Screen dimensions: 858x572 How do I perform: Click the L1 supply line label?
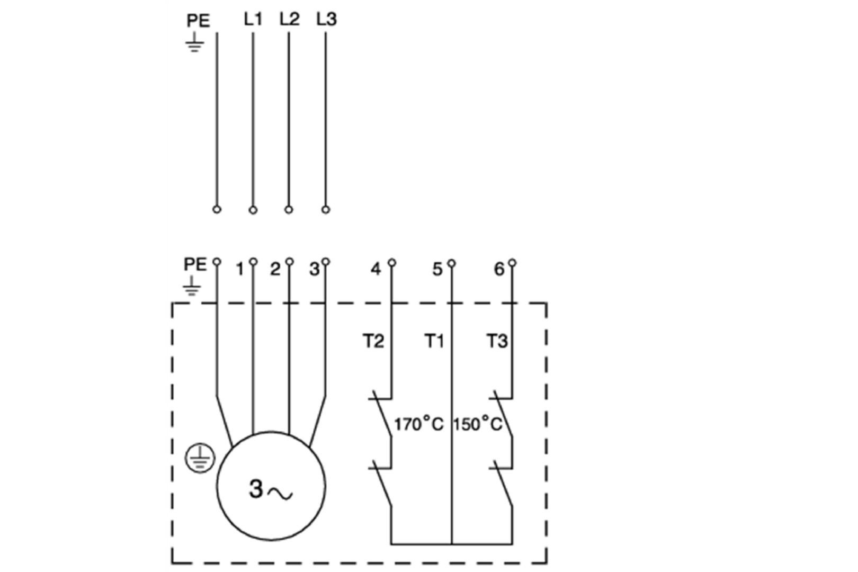tap(253, 19)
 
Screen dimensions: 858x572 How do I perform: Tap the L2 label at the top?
tap(289, 19)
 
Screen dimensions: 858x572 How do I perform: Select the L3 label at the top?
tap(326, 19)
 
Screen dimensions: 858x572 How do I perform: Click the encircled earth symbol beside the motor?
tap(200, 458)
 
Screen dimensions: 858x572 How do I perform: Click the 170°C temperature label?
tap(418, 425)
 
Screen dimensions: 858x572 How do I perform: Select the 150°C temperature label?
tap(478, 425)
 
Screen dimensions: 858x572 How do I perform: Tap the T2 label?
tap(373, 341)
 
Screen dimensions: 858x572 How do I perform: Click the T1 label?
tap(434, 341)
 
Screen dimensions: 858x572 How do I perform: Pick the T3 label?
tap(497, 341)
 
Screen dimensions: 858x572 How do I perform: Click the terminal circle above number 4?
tap(391, 263)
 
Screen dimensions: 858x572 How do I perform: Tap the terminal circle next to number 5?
tap(452, 263)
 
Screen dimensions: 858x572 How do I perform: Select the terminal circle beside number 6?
tap(513, 263)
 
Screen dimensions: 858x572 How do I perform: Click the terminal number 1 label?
tap(240, 270)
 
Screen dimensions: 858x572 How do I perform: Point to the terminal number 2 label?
tap(275, 270)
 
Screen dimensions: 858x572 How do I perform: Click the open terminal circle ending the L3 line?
tap(326, 210)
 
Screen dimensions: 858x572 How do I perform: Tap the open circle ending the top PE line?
tap(217, 210)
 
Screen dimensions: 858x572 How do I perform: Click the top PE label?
tap(198, 21)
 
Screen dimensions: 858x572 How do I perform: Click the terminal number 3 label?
tap(314, 270)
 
